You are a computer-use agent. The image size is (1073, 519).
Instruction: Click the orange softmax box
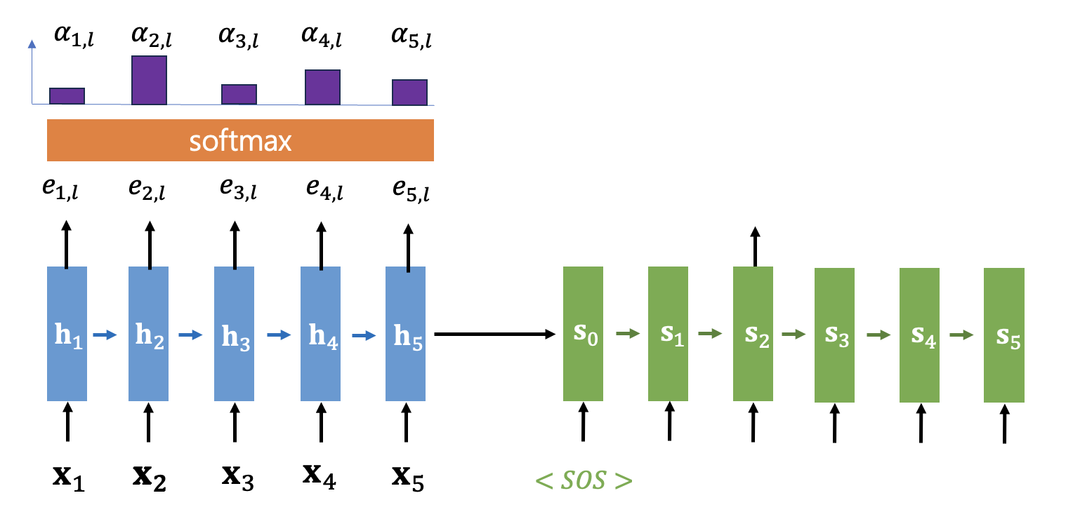pyautogui.click(x=240, y=140)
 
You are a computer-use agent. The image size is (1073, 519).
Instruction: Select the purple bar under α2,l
pyautogui.click(x=149, y=81)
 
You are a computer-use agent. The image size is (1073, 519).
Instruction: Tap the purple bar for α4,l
pyautogui.click(x=322, y=88)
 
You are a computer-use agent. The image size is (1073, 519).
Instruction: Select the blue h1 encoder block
pyautogui.click(x=67, y=334)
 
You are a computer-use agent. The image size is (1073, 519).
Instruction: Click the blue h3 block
pyautogui.click(x=235, y=334)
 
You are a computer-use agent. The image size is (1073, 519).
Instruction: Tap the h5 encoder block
pyautogui.click(x=405, y=334)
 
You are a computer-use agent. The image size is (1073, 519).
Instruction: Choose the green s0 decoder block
pyautogui.click(x=583, y=334)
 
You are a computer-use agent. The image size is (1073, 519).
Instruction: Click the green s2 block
pyautogui.click(x=753, y=334)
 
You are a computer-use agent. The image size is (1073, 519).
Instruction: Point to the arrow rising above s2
pyautogui.click(x=755, y=245)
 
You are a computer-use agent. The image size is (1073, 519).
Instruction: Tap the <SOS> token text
pyautogui.click(x=584, y=481)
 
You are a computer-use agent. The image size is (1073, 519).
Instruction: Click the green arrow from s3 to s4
pyautogui.click(x=878, y=335)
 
